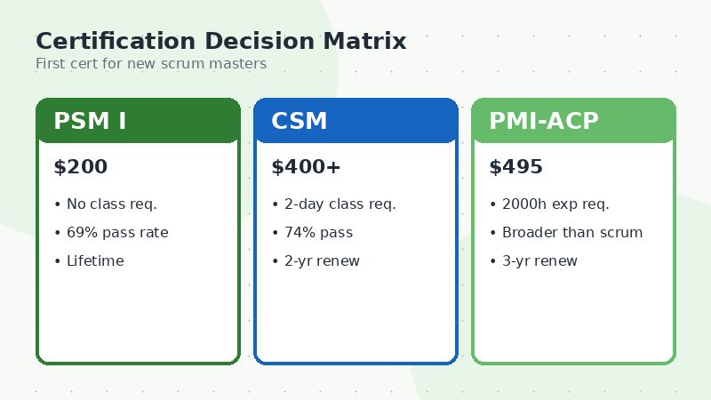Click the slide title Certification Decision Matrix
coord(220,41)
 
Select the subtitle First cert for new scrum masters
coord(150,64)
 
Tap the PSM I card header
coord(138,121)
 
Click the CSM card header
coord(355,121)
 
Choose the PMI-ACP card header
coord(573,121)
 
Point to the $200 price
coord(80,167)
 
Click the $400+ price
coord(306,167)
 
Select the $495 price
coord(515,167)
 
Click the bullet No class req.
coord(110,204)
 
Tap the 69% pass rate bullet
coord(116,233)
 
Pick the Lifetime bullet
coord(94,261)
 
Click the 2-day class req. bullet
coord(339,204)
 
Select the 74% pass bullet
coord(317,233)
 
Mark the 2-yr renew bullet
coord(321,261)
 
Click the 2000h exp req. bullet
coord(555,204)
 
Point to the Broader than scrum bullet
coord(571,233)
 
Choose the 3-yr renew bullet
coord(539,261)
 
